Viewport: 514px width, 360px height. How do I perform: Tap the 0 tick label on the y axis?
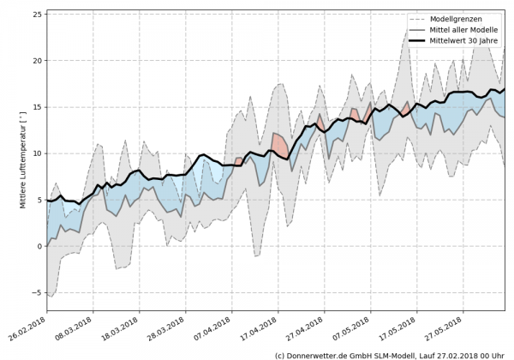pyautogui.click(x=39, y=246)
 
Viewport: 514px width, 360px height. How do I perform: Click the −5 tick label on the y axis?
pyautogui.click(x=36, y=292)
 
